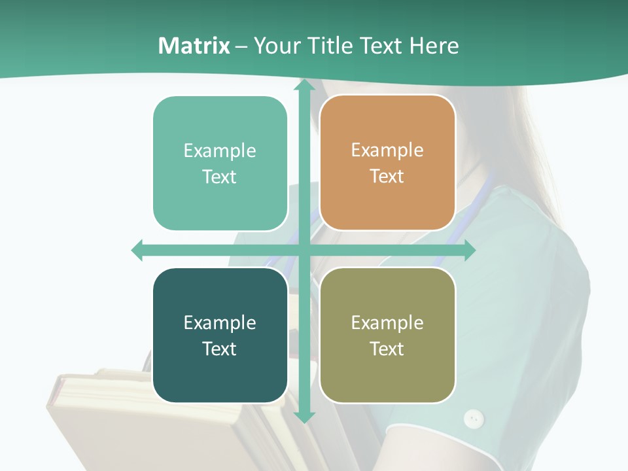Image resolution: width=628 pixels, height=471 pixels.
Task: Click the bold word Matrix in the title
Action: (x=194, y=46)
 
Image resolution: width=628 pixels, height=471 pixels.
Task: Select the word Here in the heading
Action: (x=434, y=46)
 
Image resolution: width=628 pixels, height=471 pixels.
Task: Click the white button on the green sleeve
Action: (x=473, y=418)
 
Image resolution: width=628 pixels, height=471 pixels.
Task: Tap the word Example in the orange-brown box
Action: (x=387, y=150)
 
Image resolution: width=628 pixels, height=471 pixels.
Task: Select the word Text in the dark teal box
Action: (x=220, y=349)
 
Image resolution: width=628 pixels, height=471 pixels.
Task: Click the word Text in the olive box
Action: (x=387, y=349)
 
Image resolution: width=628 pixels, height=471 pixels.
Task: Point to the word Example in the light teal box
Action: (x=220, y=150)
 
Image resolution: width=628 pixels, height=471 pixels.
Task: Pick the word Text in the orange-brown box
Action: (x=387, y=176)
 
